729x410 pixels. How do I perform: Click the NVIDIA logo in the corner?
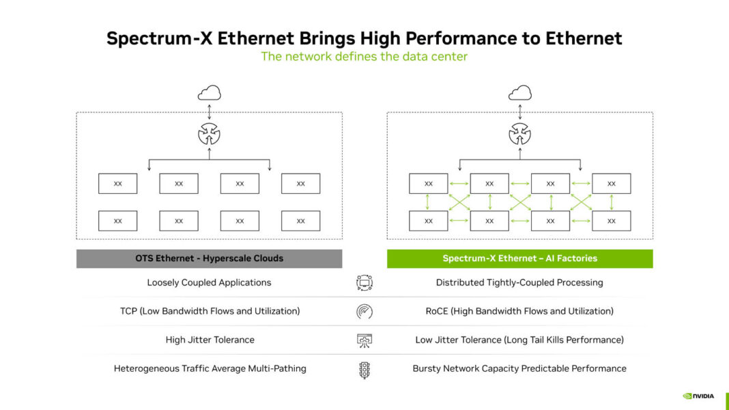(698, 396)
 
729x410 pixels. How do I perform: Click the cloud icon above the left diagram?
(209, 93)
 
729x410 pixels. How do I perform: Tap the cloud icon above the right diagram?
(520, 93)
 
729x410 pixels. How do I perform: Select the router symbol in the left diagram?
(209, 134)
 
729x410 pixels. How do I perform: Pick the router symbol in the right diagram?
(520, 134)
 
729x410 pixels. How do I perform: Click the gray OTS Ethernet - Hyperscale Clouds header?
(209, 259)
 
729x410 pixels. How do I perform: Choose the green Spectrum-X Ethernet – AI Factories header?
(519, 259)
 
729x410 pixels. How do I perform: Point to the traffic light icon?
(364, 370)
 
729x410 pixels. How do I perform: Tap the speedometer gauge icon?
(364, 312)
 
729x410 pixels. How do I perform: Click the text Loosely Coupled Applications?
(209, 282)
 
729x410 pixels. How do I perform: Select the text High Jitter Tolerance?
(210, 340)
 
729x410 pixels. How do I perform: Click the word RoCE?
(436, 311)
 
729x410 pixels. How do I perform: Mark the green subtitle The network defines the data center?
(364, 57)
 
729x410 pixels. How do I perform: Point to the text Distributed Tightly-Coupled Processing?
(519, 282)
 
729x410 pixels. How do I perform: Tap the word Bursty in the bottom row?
(428, 368)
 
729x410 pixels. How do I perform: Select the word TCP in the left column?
(129, 311)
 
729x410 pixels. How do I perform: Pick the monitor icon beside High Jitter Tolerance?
(364, 340)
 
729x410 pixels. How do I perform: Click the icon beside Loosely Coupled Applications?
(364, 282)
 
